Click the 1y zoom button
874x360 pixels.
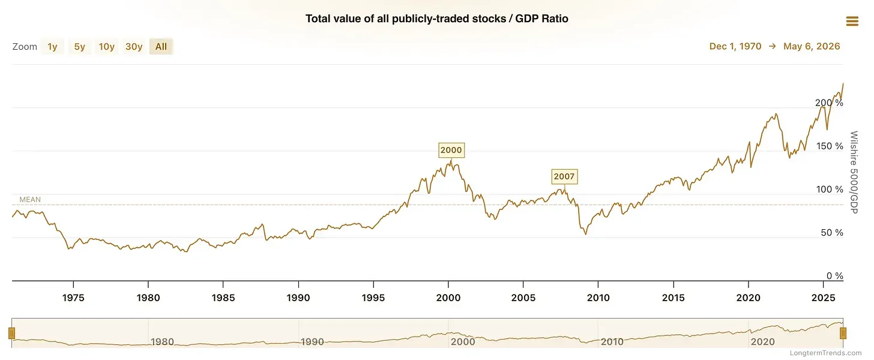pyautogui.click(x=52, y=47)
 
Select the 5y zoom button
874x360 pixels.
pyautogui.click(x=80, y=47)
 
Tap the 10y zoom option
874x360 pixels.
pyautogui.click(x=106, y=47)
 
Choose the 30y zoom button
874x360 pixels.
pyautogui.click(x=134, y=47)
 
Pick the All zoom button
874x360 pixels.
pyautogui.click(x=161, y=47)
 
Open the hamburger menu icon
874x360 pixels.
pyautogui.click(x=852, y=21)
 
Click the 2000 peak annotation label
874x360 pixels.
pyautogui.click(x=451, y=150)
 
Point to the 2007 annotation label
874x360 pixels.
pyautogui.click(x=564, y=176)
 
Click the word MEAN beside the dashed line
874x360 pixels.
pyautogui.click(x=30, y=200)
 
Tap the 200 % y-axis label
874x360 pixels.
pyautogui.click(x=829, y=103)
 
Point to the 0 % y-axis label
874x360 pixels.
pyautogui.click(x=834, y=276)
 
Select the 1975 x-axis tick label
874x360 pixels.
pyautogui.click(x=73, y=298)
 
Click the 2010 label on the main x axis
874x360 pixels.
pyautogui.click(x=598, y=298)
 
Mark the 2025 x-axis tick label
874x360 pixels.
pyautogui.click(x=824, y=298)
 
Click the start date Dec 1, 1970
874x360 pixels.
pyautogui.click(x=735, y=46)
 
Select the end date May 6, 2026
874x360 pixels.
pyautogui.click(x=812, y=46)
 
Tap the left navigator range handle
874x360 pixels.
pyautogui.click(x=12, y=334)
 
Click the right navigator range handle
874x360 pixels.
pyautogui.click(x=843, y=334)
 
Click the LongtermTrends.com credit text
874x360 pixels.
pyautogui.click(x=825, y=353)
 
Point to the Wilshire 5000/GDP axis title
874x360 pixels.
pyautogui.click(x=854, y=172)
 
